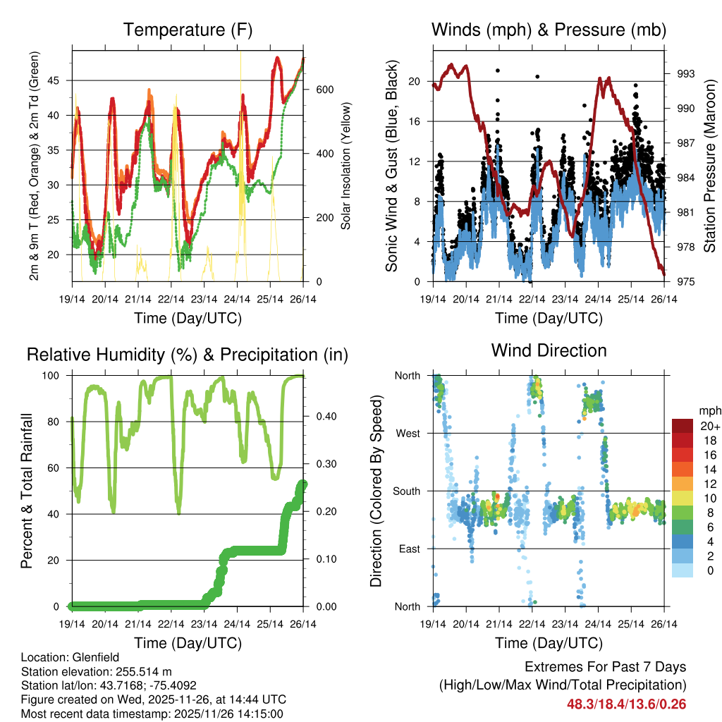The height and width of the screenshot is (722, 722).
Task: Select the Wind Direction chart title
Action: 549,350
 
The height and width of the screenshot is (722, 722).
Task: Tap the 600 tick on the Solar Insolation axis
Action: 324,90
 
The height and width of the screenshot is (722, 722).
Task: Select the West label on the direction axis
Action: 408,433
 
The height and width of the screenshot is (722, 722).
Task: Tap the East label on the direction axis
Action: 409,549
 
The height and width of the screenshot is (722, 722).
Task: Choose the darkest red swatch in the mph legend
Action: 683,426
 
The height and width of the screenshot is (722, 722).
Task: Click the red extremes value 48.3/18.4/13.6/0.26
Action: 626,704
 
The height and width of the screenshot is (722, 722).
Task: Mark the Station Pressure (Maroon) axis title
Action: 710,164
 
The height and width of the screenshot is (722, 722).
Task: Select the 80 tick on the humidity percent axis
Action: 61,422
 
